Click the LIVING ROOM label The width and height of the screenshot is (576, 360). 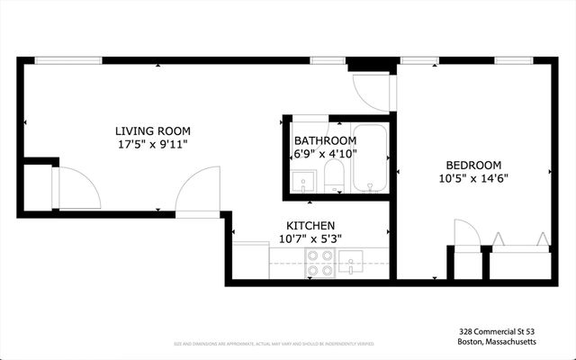152,130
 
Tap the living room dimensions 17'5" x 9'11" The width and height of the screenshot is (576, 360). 152,143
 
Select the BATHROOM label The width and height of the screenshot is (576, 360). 325,141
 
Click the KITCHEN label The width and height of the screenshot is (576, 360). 311,225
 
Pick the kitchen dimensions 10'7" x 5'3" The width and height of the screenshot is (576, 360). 310,238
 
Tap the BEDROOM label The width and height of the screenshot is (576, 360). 473,165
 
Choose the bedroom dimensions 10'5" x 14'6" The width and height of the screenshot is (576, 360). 473,178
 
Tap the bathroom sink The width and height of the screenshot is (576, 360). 303,180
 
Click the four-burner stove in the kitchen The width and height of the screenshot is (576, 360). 320,262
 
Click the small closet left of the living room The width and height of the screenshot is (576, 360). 37,187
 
